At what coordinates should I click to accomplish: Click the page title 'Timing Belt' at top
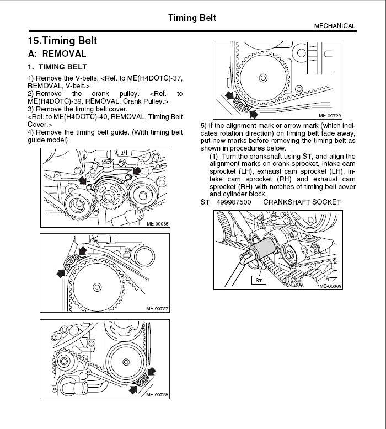pyautogui.click(x=192, y=18)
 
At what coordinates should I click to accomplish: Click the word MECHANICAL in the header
pyautogui.click(x=335, y=26)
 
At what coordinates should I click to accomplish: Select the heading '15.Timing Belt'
pyautogui.click(x=62, y=41)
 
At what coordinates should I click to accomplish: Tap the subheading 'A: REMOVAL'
pyautogui.click(x=57, y=54)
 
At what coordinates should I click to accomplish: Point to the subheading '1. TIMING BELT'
pyautogui.click(x=57, y=67)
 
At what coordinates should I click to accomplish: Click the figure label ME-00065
pyautogui.click(x=158, y=223)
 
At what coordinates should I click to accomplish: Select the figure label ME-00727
pyautogui.click(x=157, y=308)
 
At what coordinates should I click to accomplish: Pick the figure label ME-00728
pyautogui.click(x=157, y=394)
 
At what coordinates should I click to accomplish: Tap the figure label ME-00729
pyautogui.click(x=330, y=116)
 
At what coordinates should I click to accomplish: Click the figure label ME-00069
pyautogui.click(x=330, y=286)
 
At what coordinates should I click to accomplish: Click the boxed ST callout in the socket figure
pyautogui.click(x=259, y=280)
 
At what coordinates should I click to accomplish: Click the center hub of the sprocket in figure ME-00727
pyautogui.click(x=97, y=286)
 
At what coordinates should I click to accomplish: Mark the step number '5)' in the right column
pyautogui.click(x=204, y=126)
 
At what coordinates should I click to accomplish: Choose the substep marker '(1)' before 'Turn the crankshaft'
pyautogui.click(x=214, y=157)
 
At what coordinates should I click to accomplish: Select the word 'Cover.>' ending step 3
pyautogui.click(x=40, y=125)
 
